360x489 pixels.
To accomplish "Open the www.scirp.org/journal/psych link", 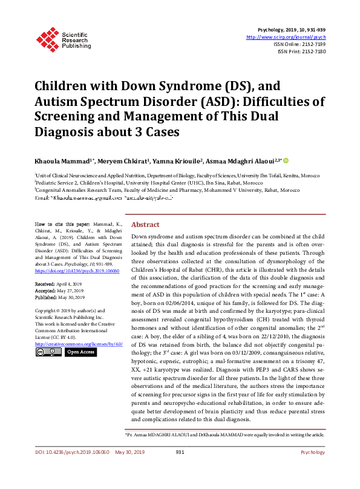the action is pos(286,37).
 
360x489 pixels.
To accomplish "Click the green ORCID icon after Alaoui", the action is pos(287,160).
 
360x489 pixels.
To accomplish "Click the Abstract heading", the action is pos(145,224).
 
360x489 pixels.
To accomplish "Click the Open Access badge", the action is pos(80,352).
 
